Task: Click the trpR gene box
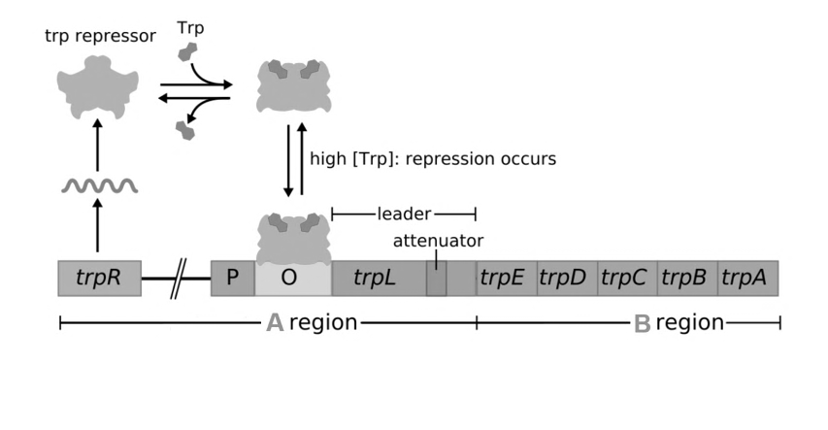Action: (100, 278)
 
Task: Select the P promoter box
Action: (232, 278)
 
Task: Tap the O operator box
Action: (289, 279)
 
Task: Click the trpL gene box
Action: (375, 278)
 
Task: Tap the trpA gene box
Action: (746, 278)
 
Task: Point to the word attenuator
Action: (438, 240)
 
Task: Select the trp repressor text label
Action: (100, 38)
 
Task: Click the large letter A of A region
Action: (276, 323)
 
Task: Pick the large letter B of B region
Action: (642, 323)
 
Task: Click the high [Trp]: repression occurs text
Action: (433, 158)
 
